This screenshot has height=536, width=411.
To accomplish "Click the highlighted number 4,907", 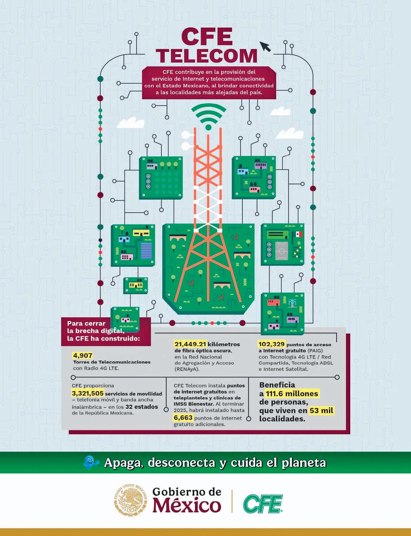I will (x=83, y=355).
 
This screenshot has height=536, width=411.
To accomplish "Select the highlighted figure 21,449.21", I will (x=190, y=344).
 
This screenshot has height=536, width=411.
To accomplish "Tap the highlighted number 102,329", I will (x=271, y=344).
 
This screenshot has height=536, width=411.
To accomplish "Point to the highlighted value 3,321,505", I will (x=87, y=393).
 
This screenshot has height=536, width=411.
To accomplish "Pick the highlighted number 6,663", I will (x=183, y=418).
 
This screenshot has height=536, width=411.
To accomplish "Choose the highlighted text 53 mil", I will (x=321, y=411).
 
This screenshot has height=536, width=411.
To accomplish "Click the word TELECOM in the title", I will (x=207, y=56).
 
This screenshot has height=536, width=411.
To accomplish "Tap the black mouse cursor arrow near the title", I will (x=265, y=46).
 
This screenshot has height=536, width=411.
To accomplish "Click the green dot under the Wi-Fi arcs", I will (x=208, y=127).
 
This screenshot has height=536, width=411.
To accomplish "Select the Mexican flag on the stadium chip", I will (x=299, y=234).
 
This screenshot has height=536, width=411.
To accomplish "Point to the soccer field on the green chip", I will (x=281, y=251).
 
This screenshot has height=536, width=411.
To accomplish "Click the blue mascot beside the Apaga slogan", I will (x=91, y=462).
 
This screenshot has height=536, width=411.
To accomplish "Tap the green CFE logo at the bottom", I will (x=263, y=504).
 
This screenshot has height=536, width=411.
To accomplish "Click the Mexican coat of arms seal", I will (x=130, y=500).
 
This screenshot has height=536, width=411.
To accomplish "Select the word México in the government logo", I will (x=187, y=505).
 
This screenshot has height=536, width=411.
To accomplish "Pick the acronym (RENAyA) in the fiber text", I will (x=187, y=369).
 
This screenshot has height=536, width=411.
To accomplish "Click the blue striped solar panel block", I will (x=146, y=250).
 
